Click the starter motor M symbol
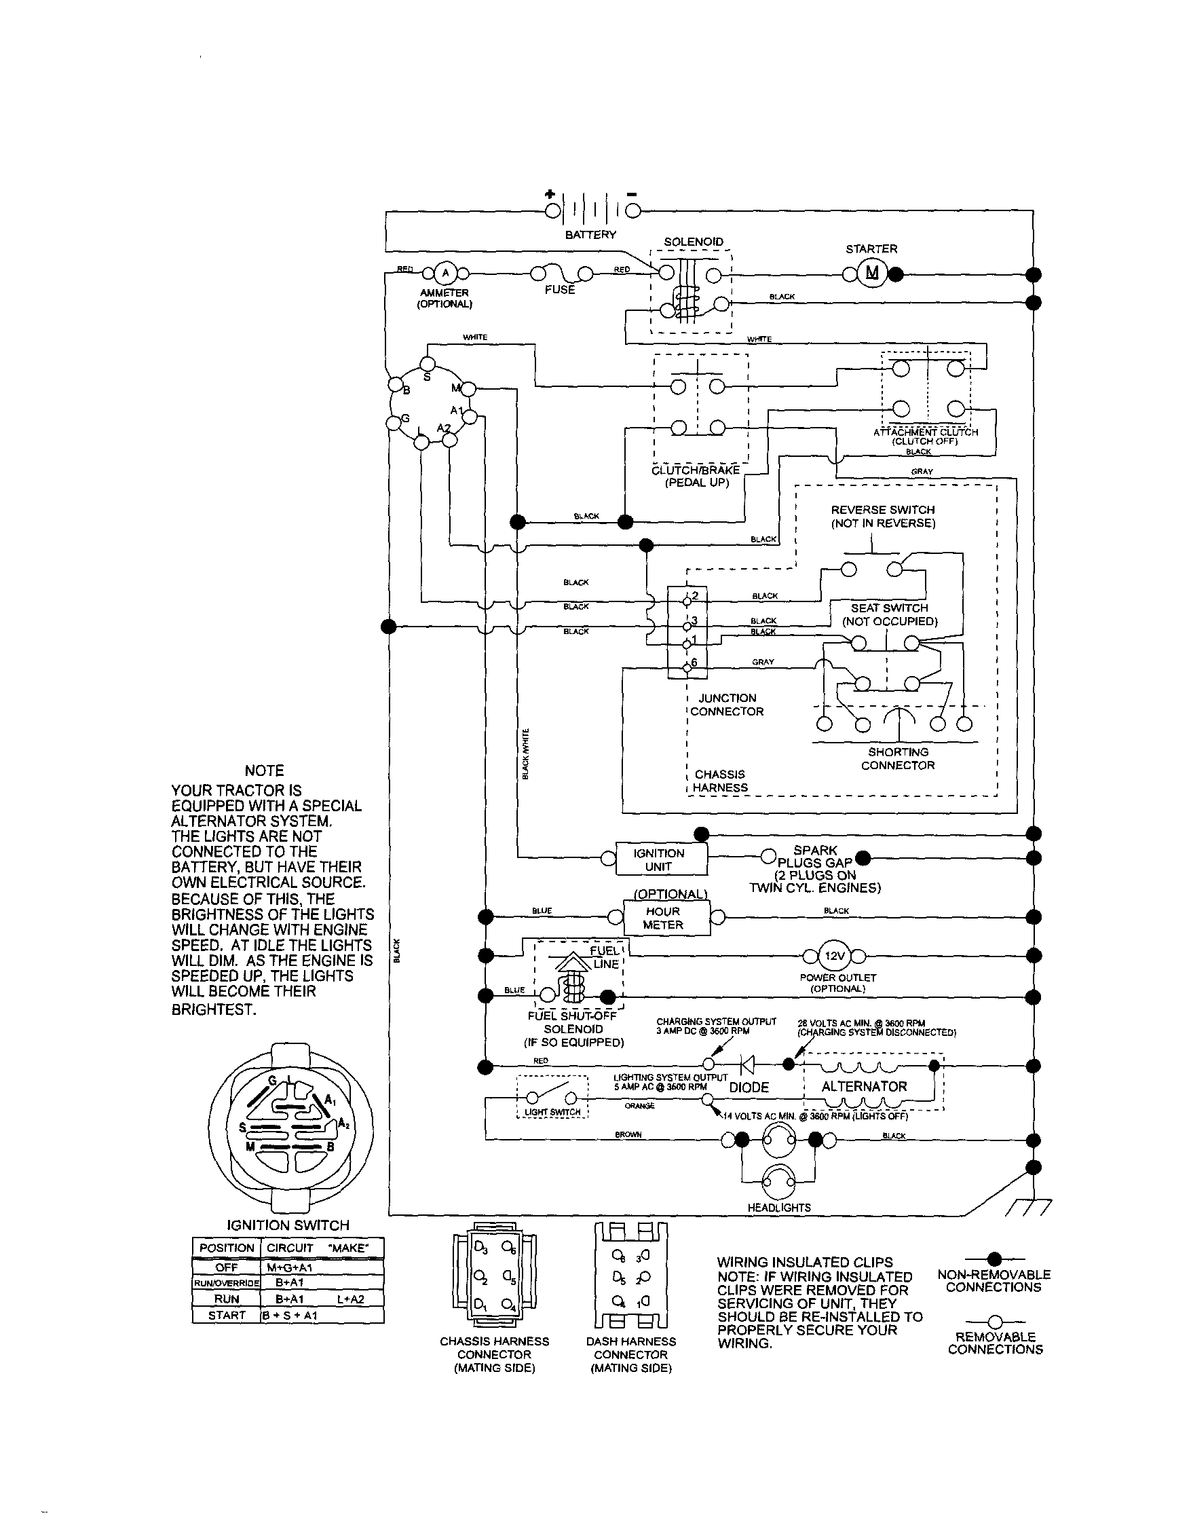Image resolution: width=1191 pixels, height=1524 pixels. tap(872, 273)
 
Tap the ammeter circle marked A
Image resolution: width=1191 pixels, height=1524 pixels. tap(445, 273)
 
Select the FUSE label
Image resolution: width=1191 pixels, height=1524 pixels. tap(560, 290)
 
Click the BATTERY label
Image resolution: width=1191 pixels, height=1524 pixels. tap(590, 235)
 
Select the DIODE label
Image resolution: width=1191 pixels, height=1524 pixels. tap(749, 1088)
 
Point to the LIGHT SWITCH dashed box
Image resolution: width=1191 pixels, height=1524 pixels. tap(552, 1097)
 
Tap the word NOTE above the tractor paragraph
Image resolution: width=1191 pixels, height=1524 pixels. tap(264, 770)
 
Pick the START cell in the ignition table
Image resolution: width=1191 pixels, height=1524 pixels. tap(227, 1315)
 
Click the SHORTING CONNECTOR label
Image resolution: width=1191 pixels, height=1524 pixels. tap(897, 758)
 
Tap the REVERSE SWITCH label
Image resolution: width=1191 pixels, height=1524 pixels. tap(882, 517)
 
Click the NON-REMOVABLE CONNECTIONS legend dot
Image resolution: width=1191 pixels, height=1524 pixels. tap(995, 1259)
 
